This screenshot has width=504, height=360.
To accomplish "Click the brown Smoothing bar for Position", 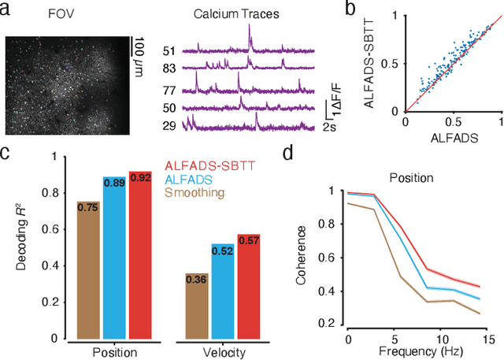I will coord(87,268).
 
